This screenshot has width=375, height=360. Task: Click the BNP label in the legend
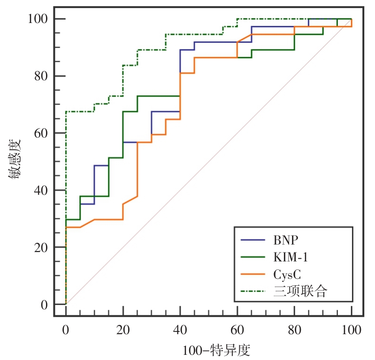pyautogui.click(x=285, y=240)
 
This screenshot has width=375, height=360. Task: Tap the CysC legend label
pyautogui.click(x=287, y=274)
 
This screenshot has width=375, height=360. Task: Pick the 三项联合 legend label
pyautogui.click(x=300, y=291)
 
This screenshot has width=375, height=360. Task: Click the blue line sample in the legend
pyautogui.click(x=253, y=240)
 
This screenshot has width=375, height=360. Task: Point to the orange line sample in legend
pyautogui.click(x=253, y=274)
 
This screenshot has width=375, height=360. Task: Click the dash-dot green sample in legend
pyautogui.click(x=253, y=291)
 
